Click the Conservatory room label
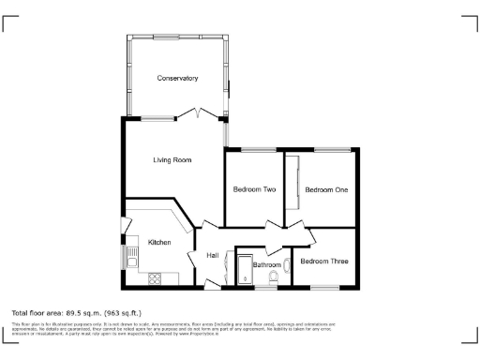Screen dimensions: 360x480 [x=177, y=78]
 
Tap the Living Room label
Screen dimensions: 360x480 [x=172, y=160]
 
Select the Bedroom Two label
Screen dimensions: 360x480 [x=253, y=189]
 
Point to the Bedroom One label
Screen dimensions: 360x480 [x=326, y=189]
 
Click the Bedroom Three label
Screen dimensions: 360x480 [x=325, y=261]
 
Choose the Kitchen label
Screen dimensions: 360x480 [x=159, y=243]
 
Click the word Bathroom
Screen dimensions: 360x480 [x=267, y=265]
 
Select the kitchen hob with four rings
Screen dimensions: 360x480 [x=155, y=277]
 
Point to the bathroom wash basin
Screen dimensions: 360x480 [x=288, y=265]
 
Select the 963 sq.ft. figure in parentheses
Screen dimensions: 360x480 [x=124, y=312]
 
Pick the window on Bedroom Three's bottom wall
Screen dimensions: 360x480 [x=325, y=288]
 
